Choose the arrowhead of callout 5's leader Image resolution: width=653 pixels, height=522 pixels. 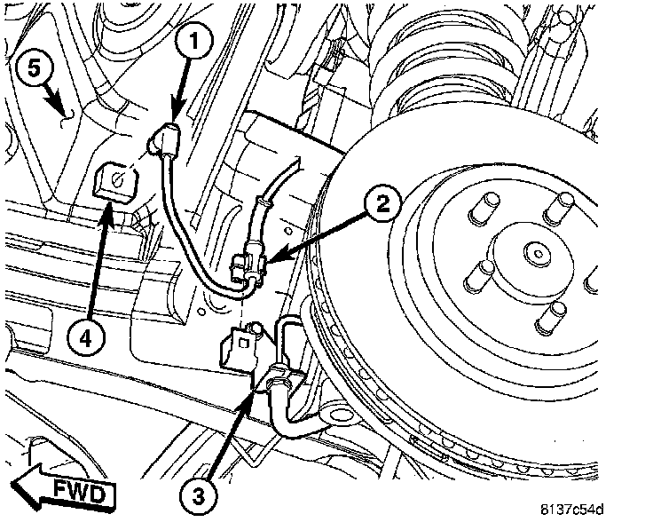click(x=63, y=113)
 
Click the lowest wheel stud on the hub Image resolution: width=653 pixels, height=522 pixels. click(x=557, y=312)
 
